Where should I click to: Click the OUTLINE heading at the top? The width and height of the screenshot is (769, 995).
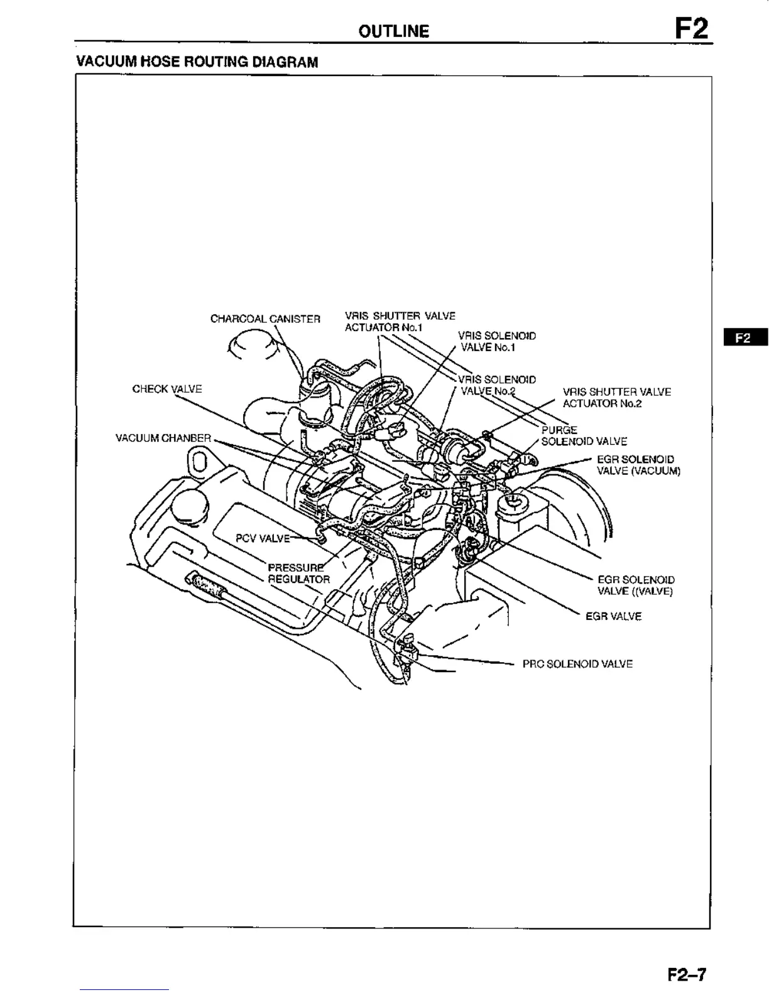coord(394,31)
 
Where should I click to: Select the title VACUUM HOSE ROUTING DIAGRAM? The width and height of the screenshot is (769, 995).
coord(197,62)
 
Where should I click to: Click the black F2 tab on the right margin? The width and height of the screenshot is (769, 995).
coord(744,337)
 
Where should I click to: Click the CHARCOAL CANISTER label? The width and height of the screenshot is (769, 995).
coord(265,319)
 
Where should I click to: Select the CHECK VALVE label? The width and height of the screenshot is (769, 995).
coord(167,389)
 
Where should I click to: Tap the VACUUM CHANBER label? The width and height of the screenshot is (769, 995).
coord(163,438)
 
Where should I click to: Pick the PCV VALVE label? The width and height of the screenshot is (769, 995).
coord(263,538)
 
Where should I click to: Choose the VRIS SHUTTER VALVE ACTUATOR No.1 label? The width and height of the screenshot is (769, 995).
coord(400,322)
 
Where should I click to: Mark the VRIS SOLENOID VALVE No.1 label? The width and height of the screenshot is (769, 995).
coord(496,342)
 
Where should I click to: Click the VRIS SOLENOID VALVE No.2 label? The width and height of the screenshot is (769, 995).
coord(496,385)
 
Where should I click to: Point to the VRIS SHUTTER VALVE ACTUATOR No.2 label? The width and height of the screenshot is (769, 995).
coord(616,398)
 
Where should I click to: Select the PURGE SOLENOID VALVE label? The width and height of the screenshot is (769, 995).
coord(583,436)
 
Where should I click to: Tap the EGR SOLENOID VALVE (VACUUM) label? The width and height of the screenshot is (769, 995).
coord(638,465)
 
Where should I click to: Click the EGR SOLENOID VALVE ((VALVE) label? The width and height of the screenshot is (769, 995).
coord(635,585)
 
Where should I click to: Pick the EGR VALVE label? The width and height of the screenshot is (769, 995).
coord(613,617)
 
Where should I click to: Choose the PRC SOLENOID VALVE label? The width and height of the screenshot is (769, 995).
coord(577,664)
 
